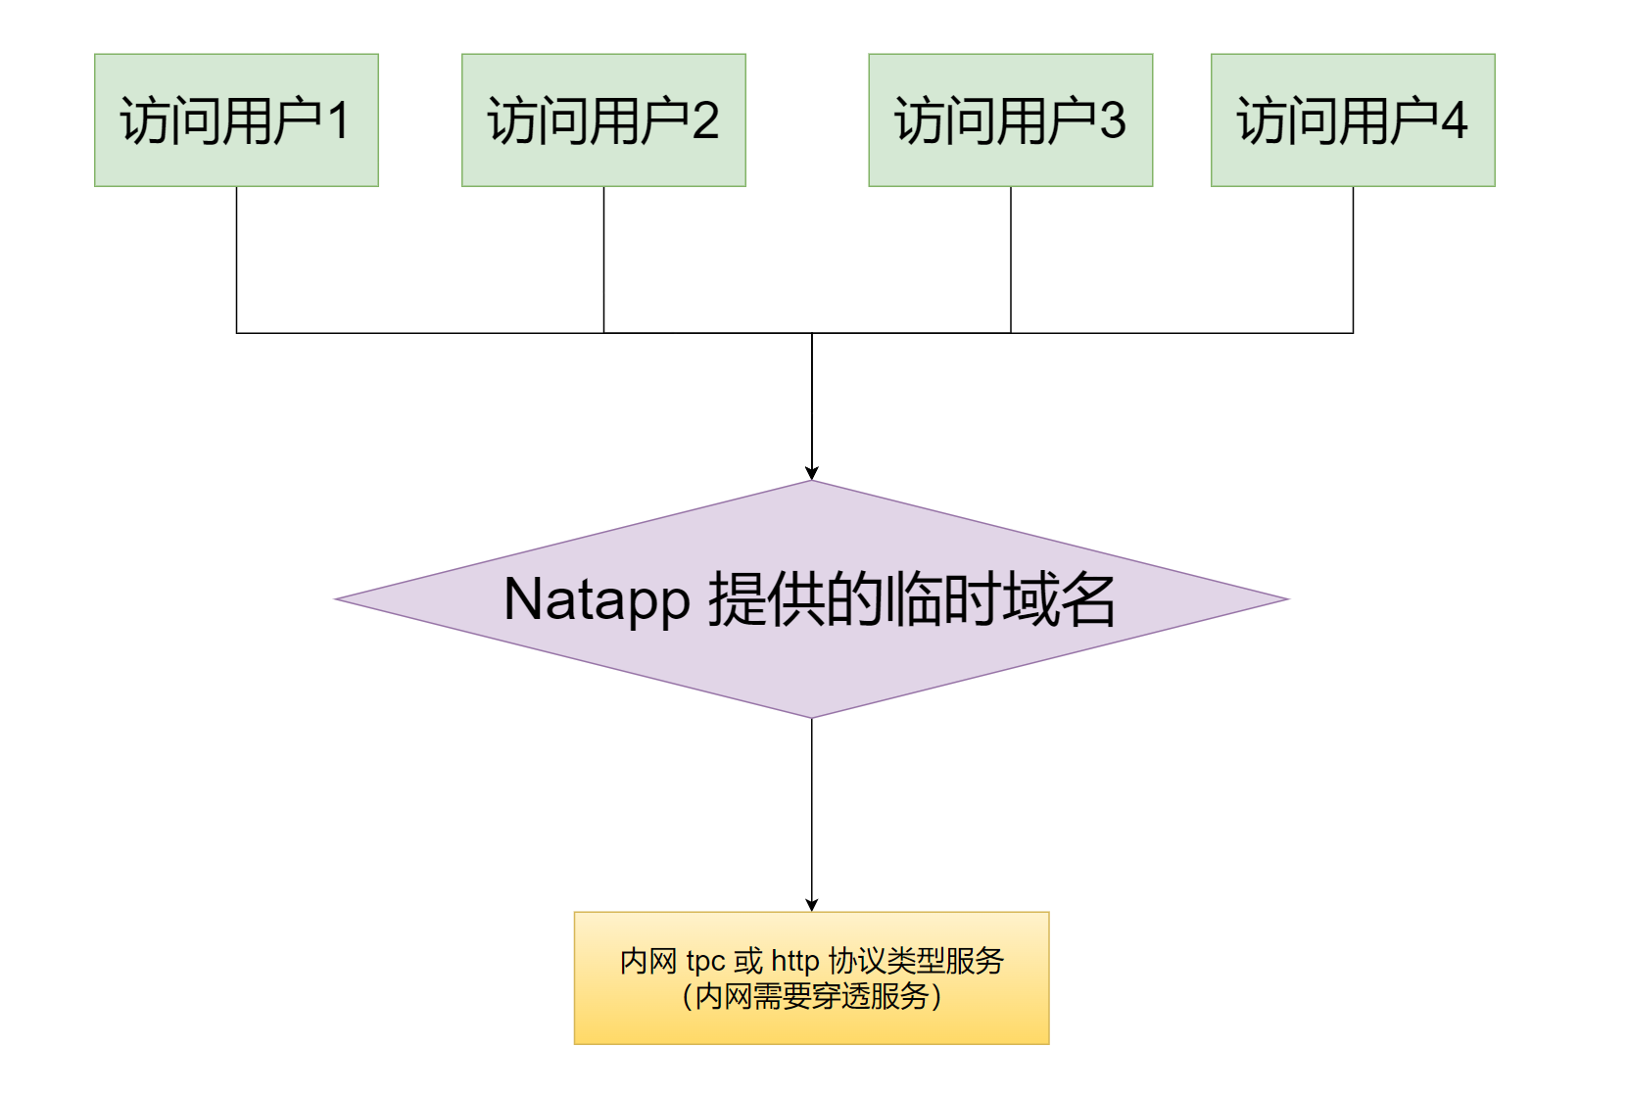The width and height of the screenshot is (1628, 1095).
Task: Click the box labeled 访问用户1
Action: pos(236,119)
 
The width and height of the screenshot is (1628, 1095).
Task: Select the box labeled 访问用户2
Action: pos(603,119)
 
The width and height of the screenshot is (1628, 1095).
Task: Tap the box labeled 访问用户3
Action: pos(1010,119)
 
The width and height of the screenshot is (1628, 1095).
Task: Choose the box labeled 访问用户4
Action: pos(1352,119)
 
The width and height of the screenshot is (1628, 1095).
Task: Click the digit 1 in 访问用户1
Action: pos(338,121)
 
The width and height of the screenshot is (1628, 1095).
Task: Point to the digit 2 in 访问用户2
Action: pos(705,121)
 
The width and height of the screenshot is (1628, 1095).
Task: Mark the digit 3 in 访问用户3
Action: pos(1113,121)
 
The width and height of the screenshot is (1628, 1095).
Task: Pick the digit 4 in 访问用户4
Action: pos(1455,121)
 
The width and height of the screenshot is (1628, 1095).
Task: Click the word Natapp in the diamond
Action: pos(597,599)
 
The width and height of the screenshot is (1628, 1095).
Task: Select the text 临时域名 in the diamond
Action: pos(999,599)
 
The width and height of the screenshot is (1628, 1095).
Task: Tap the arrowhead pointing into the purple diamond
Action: pos(811,473)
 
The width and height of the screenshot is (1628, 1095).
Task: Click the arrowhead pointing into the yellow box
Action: pos(811,905)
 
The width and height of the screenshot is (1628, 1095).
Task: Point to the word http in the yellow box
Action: pos(794,961)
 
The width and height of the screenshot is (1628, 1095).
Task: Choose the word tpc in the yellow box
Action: pos(705,962)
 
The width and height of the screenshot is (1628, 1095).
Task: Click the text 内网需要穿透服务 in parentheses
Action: pos(811,996)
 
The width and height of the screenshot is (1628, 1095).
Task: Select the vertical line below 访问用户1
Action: pos(236,260)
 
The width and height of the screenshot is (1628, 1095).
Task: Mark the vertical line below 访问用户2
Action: pos(603,260)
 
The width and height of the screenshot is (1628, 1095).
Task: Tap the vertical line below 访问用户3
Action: pos(1010,260)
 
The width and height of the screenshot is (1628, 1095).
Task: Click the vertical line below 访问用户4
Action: pos(1353,260)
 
